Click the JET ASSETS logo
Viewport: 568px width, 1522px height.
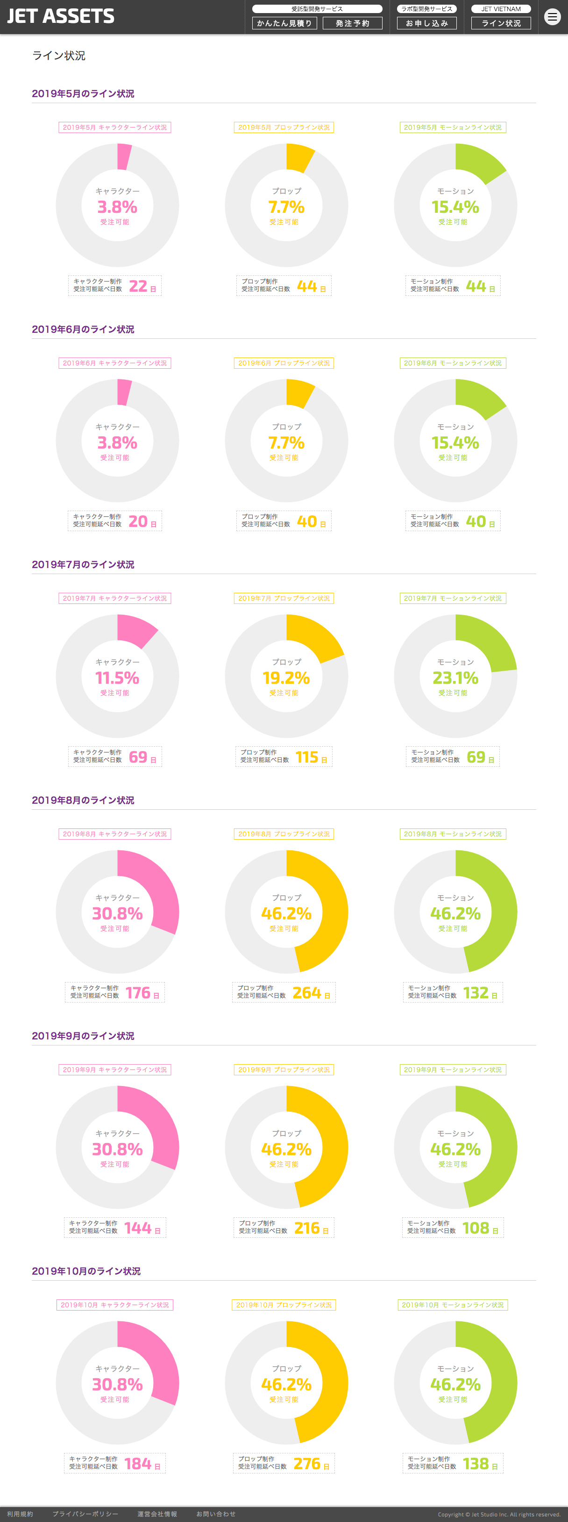coord(61,16)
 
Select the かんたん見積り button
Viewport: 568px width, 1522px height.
coord(284,23)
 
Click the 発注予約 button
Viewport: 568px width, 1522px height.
coord(352,23)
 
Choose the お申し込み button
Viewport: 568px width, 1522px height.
coord(427,23)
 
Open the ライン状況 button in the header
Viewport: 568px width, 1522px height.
coord(501,23)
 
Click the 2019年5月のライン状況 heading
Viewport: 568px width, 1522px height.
coord(83,93)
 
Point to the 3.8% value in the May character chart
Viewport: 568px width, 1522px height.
coord(117,207)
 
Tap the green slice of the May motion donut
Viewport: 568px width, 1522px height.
coord(478,162)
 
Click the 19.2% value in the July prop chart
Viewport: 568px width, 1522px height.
coord(286,678)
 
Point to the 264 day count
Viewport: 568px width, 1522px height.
coord(307,993)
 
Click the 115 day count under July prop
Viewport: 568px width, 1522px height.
coord(307,757)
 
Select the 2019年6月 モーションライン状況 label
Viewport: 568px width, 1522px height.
coord(452,363)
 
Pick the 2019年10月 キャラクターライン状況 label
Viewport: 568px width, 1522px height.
coord(114,1305)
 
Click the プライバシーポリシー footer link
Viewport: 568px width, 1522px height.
coord(85,1514)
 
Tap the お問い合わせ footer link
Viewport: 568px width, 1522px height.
coord(216,1514)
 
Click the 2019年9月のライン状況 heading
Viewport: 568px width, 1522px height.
coord(83,1035)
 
